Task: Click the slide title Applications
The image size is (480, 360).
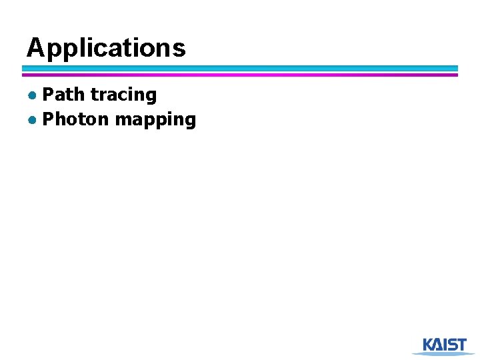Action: pyautogui.click(x=106, y=48)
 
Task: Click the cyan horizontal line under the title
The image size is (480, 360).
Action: pyautogui.click(x=240, y=68)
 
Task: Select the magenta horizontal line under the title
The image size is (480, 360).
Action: pyautogui.click(x=240, y=75)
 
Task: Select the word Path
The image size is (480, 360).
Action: pyautogui.click(x=63, y=95)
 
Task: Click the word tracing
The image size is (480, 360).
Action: pyautogui.click(x=123, y=95)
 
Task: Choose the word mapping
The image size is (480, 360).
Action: pyautogui.click(x=155, y=121)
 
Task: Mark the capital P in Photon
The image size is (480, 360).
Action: pyautogui.click(x=48, y=119)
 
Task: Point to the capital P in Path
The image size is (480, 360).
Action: pyautogui.click(x=48, y=95)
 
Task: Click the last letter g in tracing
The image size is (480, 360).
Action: pyautogui.click(x=151, y=97)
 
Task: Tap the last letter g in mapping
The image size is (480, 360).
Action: pyautogui.click(x=190, y=122)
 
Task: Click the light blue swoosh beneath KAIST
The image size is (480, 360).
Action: pyautogui.click(x=443, y=353)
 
